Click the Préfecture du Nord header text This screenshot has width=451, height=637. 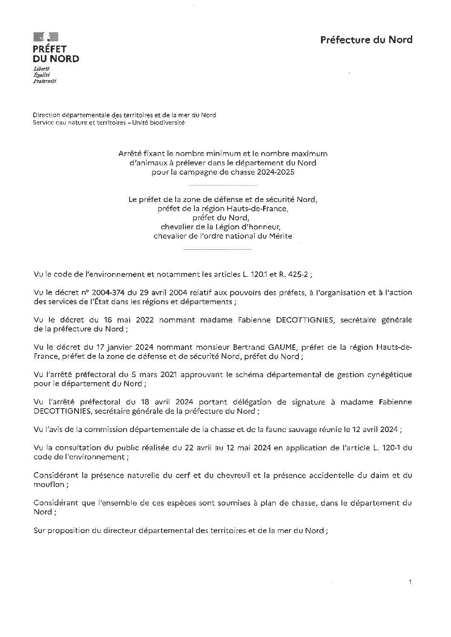point(366,40)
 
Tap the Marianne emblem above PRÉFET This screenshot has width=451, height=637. point(46,37)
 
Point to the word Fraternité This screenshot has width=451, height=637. point(45,81)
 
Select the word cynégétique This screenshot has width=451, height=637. point(390,375)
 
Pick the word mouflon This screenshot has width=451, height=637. point(47,484)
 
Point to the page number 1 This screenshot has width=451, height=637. point(410,582)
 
